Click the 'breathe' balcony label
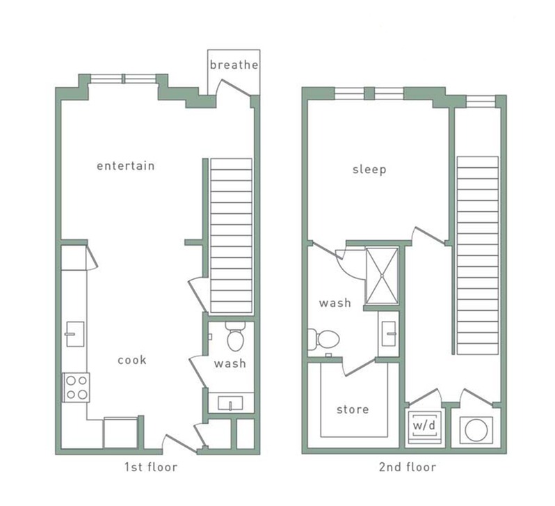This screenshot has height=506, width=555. [234, 65]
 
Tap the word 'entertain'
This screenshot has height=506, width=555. [125, 166]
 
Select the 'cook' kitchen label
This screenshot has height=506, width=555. [131, 360]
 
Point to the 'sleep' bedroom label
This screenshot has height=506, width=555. [369, 169]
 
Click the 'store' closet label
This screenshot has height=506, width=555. [353, 409]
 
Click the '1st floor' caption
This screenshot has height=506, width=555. [150, 467]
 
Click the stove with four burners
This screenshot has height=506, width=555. [76, 387]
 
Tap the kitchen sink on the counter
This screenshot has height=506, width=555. [74, 334]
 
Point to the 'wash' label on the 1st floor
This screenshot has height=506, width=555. [230, 363]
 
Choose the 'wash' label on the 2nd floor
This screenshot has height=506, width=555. [335, 303]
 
